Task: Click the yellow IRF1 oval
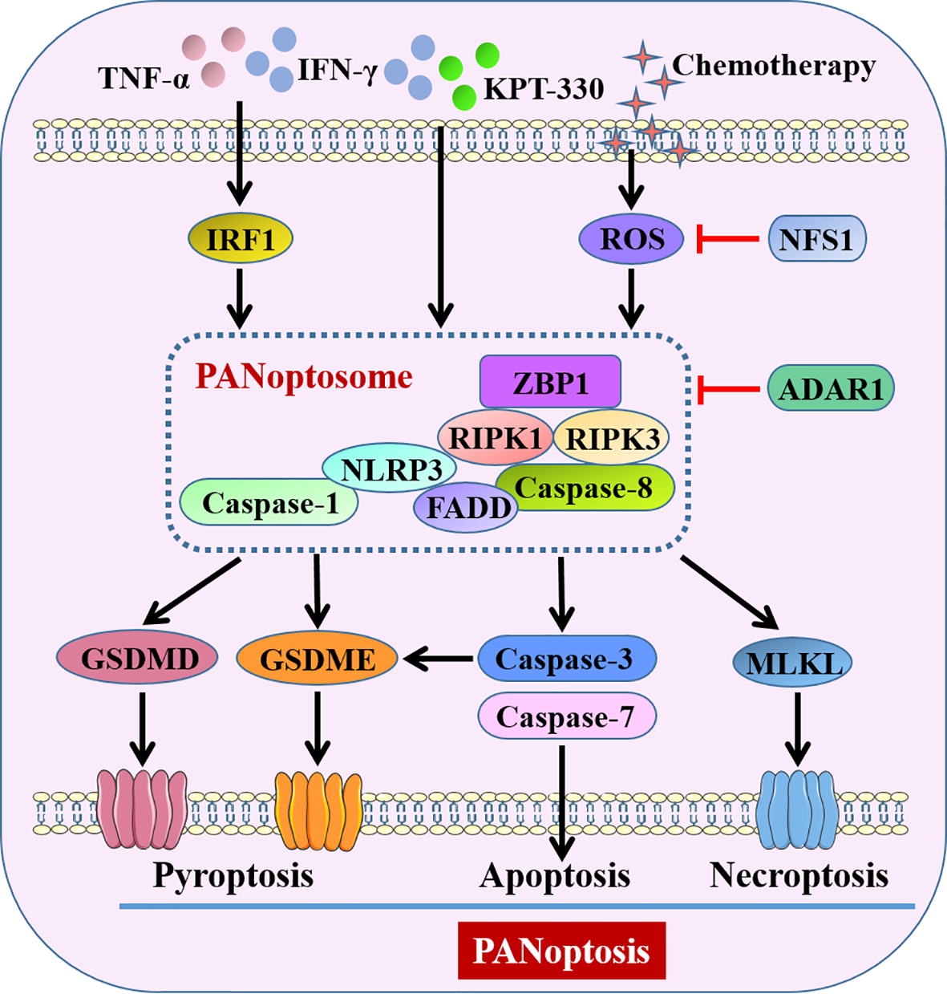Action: coord(241,239)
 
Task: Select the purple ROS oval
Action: coord(632,239)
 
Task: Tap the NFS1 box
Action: coord(816,239)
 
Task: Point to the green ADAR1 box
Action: coord(831,389)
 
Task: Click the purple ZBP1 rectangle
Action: coord(550,382)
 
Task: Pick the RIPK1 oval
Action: coord(494,437)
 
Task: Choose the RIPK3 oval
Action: coord(612,437)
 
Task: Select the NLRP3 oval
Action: coord(389,469)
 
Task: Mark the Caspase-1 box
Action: coord(269,503)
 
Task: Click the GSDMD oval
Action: coord(138,659)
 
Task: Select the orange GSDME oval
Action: coord(318,659)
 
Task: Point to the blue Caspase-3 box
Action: coord(566,659)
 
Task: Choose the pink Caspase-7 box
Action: coord(566,716)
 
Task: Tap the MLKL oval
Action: coord(793,663)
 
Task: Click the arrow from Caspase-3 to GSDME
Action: coord(439,659)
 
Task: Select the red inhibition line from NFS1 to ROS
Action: coord(728,238)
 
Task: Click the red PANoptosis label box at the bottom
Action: coord(561,951)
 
